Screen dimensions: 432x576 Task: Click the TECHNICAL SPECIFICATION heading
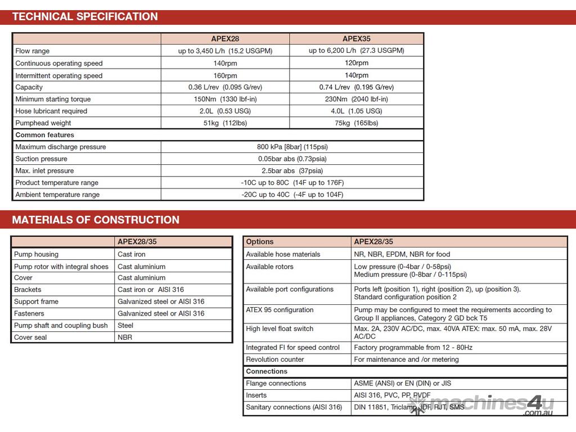pos(85,16)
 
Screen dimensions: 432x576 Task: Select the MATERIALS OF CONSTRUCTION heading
pos(96,220)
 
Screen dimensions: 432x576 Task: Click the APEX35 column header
pos(356,39)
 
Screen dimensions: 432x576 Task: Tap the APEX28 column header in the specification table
pos(225,39)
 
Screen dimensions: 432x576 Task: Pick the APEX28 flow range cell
pos(225,51)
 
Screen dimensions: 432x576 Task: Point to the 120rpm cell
pos(356,63)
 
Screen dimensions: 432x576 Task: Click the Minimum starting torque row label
pos(53,99)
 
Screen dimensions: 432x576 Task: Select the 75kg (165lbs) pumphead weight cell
pos(356,123)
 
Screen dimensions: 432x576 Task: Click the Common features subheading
pos(44,135)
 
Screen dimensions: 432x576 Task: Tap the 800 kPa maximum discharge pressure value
pos(292,147)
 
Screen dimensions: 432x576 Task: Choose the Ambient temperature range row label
pos(57,195)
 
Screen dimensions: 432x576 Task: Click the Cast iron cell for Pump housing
pos(132,254)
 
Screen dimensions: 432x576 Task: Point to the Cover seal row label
pos(30,337)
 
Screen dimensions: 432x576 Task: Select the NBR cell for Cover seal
pos(125,337)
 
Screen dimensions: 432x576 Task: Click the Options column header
pos(260,242)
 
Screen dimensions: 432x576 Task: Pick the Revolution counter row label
pos(275,359)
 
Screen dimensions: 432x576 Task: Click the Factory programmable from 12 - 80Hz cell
pos(413,348)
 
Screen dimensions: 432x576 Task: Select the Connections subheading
pos(267,371)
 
